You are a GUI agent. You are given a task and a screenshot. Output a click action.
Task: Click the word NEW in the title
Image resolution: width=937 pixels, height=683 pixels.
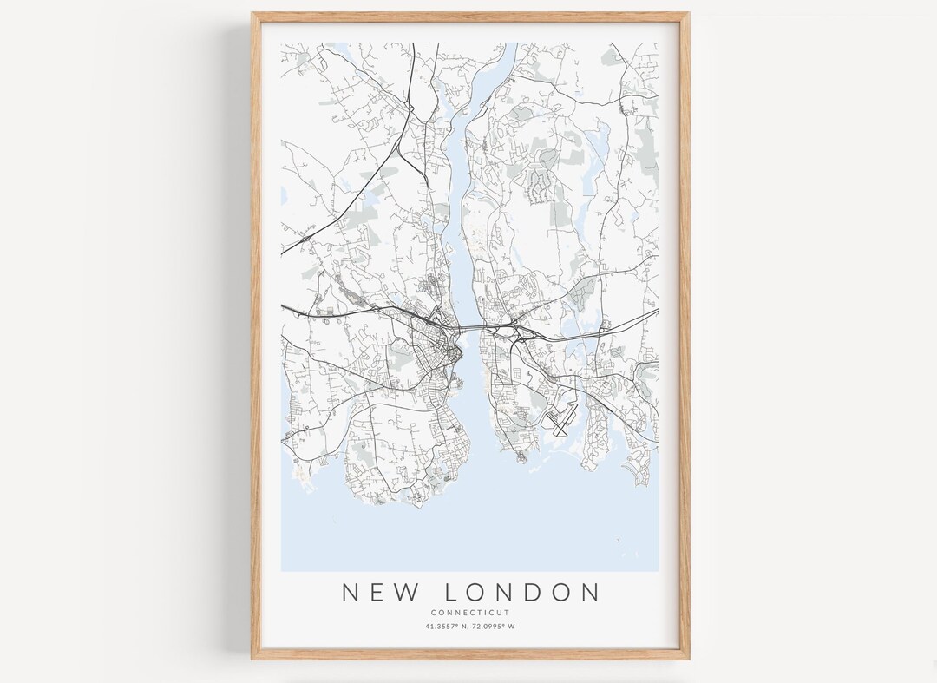tap(382, 593)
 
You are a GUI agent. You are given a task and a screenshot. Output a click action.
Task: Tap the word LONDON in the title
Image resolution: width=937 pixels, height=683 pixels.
tap(521, 593)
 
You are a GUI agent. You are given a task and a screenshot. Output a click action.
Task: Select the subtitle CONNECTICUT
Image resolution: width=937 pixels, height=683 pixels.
tap(469, 613)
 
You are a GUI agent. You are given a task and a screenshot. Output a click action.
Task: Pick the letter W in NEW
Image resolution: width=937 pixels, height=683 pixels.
tap(411, 593)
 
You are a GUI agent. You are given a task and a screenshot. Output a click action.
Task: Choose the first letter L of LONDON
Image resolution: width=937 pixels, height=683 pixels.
tap(451, 593)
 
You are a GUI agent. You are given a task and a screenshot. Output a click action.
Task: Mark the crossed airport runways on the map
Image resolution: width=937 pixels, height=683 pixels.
tap(559, 422)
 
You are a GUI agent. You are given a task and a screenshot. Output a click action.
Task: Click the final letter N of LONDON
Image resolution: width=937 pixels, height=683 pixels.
tap(591, 593)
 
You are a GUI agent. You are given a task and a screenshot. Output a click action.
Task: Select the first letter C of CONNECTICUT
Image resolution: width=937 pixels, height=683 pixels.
tap(432, 613)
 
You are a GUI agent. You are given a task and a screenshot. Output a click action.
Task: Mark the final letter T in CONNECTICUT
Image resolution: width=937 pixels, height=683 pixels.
tap(508, 613)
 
